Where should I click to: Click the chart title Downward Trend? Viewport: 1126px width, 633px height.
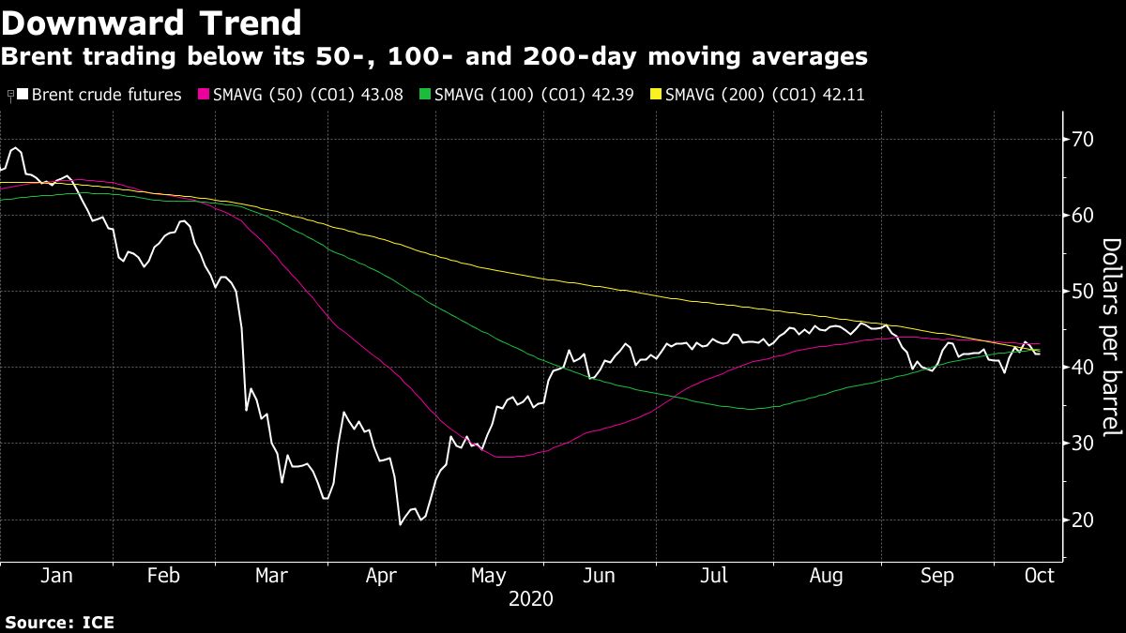pos(151,23)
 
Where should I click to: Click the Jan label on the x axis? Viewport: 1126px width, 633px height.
pos(56,575)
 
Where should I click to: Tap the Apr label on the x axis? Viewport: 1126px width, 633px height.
pos(379,575)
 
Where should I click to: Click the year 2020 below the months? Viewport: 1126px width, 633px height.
pos(531,598)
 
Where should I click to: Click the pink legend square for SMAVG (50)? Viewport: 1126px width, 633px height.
pos(201,95)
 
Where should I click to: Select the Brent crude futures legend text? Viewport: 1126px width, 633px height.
pos(106,95)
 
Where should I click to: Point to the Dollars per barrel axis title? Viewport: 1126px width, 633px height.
pos(1111,336)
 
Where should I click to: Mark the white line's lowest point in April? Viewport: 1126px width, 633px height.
pos(401,524)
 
